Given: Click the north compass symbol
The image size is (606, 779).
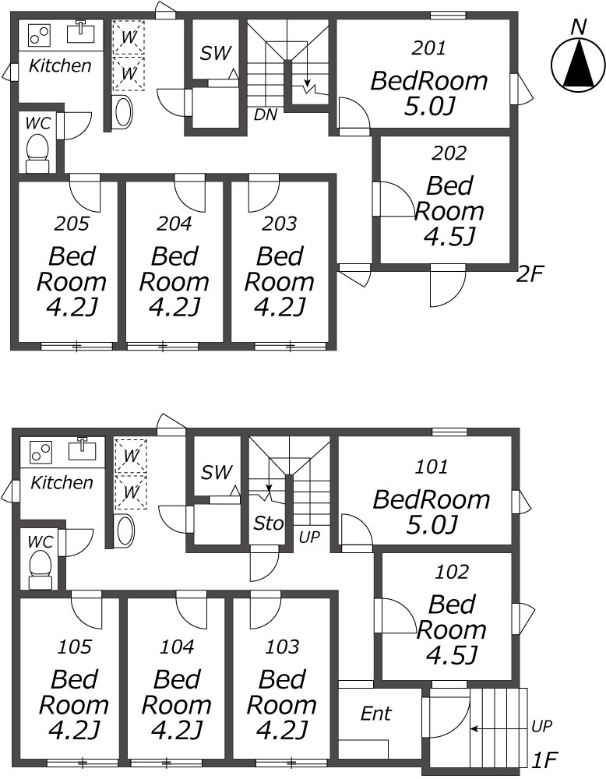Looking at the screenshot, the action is pyautogui.click(x=576, y=65).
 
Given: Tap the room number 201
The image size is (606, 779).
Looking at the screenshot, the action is pyautogui.click(x=429, y=48).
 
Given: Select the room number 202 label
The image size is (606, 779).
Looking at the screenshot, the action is pyautogui.click(x=449, y=153).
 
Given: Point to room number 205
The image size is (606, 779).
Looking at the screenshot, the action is pyautogui.click(x=72, y=224).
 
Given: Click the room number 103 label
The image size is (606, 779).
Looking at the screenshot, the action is pyautogui.click(x=282, y=647).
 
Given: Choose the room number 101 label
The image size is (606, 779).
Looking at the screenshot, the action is pyautogui.click(x=432, y=467).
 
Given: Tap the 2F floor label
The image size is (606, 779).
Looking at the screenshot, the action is pyautogui.click(x=530, y=273).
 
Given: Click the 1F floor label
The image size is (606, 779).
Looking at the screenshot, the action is pyautogui.click(x=545, y=760).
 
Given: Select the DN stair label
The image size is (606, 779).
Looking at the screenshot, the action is pyautogui.click(x=266, y=115).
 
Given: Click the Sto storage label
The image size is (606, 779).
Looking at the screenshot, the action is pyautogui.click(x=268, y=523).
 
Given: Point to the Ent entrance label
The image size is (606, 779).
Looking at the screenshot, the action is pyautogui.click(x=376, y=714).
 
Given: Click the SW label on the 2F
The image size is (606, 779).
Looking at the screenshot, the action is pyautogui.click(x=216, y=53).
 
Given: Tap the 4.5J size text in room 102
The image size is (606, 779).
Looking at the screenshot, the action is pyautogui.click(x=452, y=654).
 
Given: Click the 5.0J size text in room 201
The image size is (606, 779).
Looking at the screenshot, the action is pyautogui.click(x=429, y=106).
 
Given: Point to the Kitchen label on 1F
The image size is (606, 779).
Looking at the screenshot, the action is pyautogui.click(x=62, y=482).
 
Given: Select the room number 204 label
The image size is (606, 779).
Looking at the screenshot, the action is pyautogui.click(x=174, y=224).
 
